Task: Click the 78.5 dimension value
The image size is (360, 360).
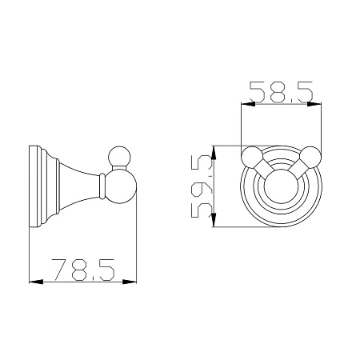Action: point(83,270)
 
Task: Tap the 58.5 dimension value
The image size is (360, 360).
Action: point(281,92)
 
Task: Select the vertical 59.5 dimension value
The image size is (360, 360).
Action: point(202,186)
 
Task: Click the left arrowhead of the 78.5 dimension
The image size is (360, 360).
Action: point(36,282)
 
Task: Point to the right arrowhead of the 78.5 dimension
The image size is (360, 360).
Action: point(130,282)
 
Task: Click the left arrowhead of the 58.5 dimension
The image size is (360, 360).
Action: point(248,104)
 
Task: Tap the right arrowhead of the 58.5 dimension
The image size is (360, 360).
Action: point(314,104)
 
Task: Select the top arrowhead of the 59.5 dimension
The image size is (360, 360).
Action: point(214,153)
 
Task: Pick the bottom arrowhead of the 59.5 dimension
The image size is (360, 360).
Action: point(214,220)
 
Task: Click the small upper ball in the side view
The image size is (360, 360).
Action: point(120,157)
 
